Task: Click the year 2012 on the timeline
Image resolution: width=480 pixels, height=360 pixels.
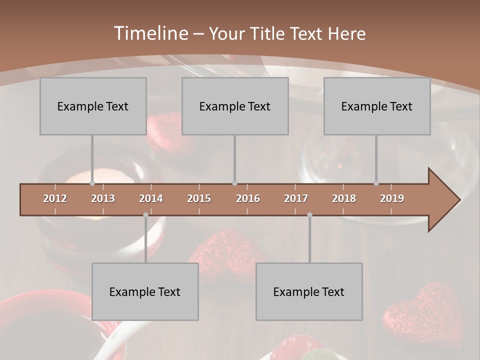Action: point(55,198)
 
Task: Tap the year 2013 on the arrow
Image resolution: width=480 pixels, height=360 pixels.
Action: point(103,198)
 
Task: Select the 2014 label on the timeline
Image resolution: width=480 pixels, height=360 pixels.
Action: point(151,198)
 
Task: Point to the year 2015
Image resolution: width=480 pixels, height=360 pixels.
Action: point(199,198)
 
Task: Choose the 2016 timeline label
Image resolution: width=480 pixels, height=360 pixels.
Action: point(248,198)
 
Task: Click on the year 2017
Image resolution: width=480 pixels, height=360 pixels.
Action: point(296,198)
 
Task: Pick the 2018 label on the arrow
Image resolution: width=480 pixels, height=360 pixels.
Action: point(344,198)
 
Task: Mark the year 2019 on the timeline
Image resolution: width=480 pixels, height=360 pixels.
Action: point(392,198)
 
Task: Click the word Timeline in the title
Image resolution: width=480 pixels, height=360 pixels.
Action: point(150,33)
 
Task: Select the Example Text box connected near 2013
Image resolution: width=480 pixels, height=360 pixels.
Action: point(93,106)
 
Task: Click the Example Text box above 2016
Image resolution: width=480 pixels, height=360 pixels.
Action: point(235,106)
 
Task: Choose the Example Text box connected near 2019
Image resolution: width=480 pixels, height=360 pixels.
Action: point(377,106)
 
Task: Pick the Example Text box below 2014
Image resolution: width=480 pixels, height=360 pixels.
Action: point(145,291)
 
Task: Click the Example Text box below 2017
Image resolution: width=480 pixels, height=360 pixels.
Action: point(309,291)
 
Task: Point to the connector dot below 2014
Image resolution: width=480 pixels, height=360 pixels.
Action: point(145,215)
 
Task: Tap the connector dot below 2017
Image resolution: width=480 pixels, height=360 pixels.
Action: point(309,215)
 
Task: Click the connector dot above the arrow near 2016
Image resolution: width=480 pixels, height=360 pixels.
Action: point(234,183)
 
